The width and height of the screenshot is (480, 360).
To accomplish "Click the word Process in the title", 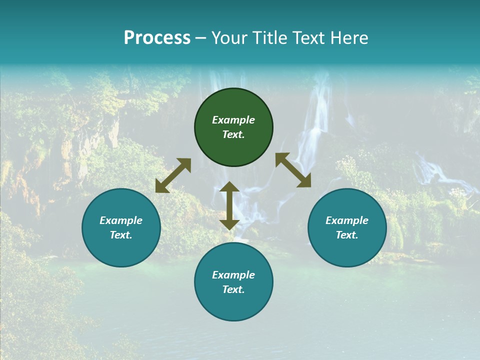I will (157, 38).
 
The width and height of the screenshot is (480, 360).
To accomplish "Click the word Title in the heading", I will (268, 38).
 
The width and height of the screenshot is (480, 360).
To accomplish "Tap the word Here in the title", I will (349, 38).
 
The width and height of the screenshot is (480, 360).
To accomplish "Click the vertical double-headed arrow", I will (229, 205).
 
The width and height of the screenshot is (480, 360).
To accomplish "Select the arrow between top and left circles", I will (173, 175).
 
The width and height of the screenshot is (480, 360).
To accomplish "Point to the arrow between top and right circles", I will (293, 170).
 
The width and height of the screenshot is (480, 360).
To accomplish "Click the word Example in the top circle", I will (233, 120).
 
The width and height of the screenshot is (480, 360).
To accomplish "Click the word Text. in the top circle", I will (233, 134).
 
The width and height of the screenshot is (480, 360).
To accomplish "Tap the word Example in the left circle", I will (121, 220).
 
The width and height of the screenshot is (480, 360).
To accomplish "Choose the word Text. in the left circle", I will (121, 235).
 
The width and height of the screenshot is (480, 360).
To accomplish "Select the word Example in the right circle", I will (347, 220).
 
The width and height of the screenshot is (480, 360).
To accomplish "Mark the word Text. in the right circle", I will (347, 235).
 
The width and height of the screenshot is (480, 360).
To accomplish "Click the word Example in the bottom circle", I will (233, 275).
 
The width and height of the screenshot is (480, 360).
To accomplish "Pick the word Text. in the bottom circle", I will (233, 289).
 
